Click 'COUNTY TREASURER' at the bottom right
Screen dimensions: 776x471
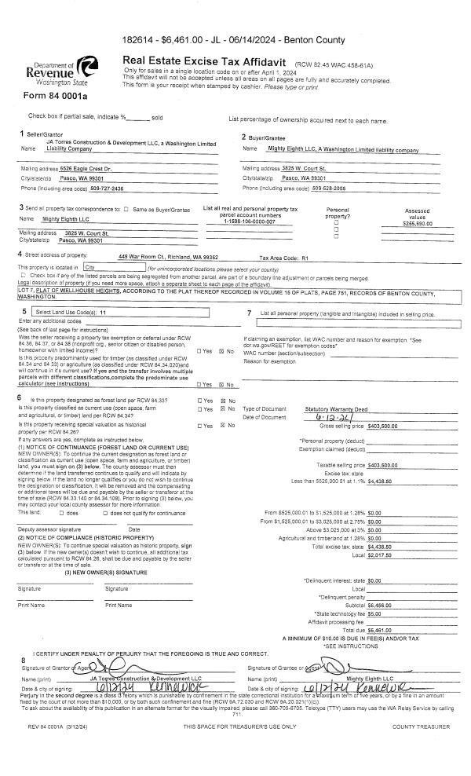421,727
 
